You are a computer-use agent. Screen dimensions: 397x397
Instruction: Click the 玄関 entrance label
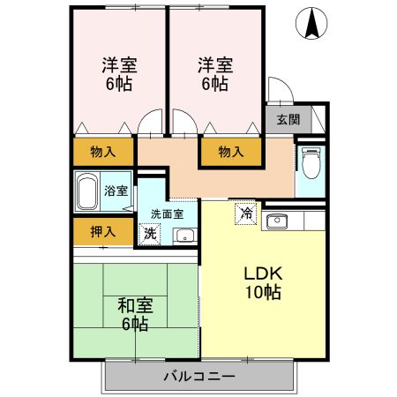coord(288,120)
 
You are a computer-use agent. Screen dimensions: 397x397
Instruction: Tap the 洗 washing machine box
coord(149,234)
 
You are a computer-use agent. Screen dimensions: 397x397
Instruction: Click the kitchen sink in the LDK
coord(275,220)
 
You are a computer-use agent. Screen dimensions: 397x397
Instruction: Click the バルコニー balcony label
coord(198,378)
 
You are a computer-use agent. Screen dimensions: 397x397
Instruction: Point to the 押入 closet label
coord(103,232)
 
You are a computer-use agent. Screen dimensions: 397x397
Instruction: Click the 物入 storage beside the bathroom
coord(103,152)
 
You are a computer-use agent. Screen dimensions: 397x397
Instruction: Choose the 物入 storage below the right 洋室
coord(230,152)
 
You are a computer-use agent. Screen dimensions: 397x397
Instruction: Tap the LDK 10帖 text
coord(262,281)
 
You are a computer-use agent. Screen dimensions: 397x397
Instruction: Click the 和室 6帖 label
coord(136,314)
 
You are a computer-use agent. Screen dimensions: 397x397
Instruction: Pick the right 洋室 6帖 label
coord(214,74)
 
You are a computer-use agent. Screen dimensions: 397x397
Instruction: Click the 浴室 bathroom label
coord(116,190)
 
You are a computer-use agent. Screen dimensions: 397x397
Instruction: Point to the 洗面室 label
coord(167,213)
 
